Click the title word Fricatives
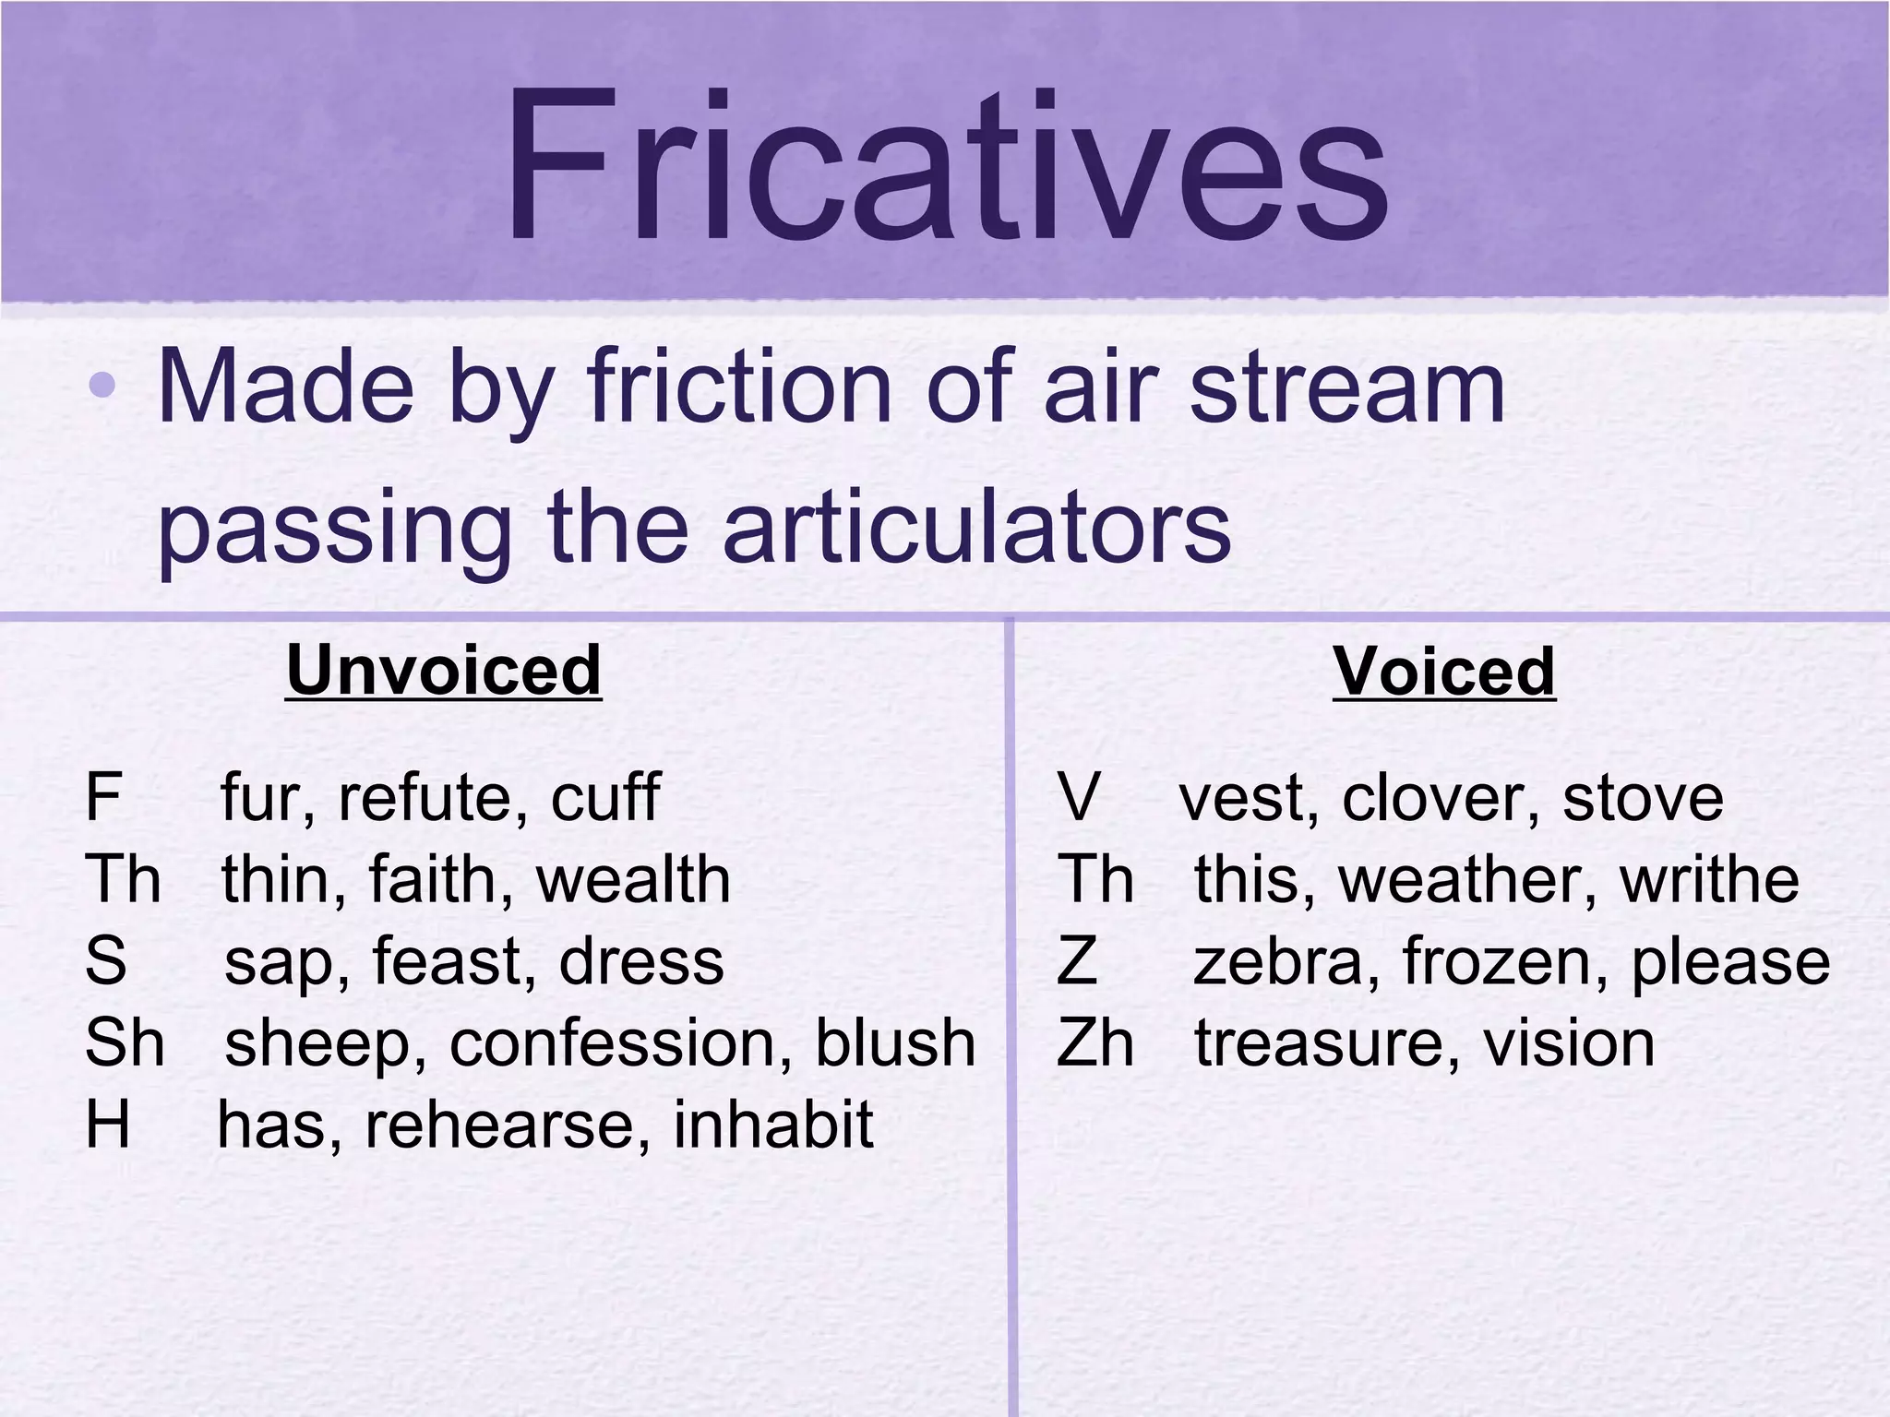pos(945,166)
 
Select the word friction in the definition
pos(739,387)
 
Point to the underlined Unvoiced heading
pos(444,671)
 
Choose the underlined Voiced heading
pos(1444,672)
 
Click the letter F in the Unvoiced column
pos(102,797)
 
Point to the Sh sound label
pos(125,1043)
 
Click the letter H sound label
pos(107,1125)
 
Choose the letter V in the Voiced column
pos(1078,797)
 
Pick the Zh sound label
pos(1095,1043)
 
